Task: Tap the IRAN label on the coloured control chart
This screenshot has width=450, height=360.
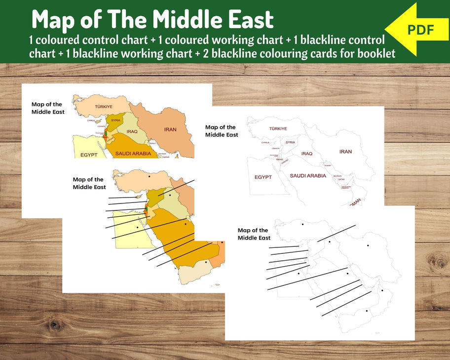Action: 170,129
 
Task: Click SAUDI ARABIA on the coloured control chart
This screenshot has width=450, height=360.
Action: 133,154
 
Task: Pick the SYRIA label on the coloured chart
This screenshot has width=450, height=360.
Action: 116,120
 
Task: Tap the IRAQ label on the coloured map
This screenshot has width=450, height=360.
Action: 131,131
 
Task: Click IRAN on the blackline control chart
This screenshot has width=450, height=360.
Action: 345,152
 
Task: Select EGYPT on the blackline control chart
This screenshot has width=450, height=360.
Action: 263,177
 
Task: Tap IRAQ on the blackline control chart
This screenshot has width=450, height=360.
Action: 307,154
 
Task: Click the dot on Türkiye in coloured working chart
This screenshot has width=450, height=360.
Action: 149,176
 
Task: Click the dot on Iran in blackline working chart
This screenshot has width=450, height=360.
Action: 368,245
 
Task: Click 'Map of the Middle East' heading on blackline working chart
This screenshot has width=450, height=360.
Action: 254,234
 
